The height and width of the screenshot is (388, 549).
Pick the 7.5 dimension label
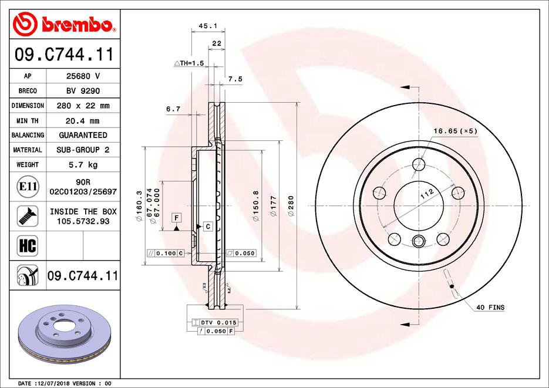(235, 79)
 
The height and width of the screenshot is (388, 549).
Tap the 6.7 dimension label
(173, 109)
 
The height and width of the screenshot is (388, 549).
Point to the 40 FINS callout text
(490, 308)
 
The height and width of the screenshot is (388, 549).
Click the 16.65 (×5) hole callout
(456, 131)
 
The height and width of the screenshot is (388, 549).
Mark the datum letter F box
(175, 218)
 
